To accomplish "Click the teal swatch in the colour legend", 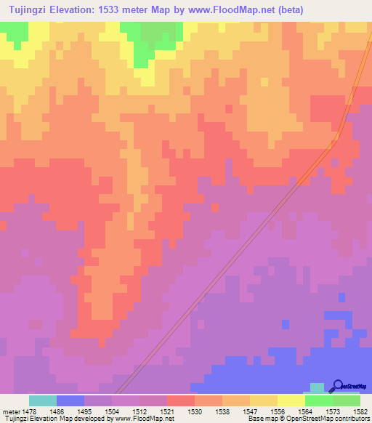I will coord(43,400).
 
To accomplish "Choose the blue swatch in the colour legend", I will coord(70,400).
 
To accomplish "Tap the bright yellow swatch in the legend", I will coord(291,400).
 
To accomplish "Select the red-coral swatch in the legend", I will coord(181,400).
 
